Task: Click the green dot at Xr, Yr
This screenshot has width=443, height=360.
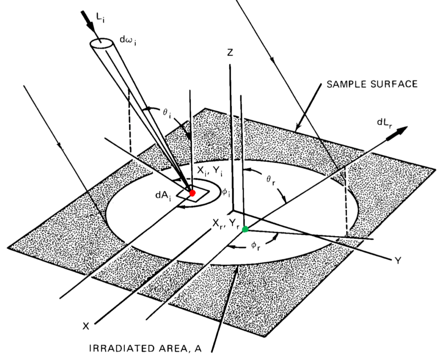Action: click(x=246, y=229)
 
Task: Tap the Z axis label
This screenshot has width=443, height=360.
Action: click(x=230, y=53)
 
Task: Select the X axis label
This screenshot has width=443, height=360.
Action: click(x=86, y=326)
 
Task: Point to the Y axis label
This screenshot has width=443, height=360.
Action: click(x=398, y=259)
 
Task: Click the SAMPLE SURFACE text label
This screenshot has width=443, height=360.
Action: click(x=371, y=84)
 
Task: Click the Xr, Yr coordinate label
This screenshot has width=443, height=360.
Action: click(x=225, y=224)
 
